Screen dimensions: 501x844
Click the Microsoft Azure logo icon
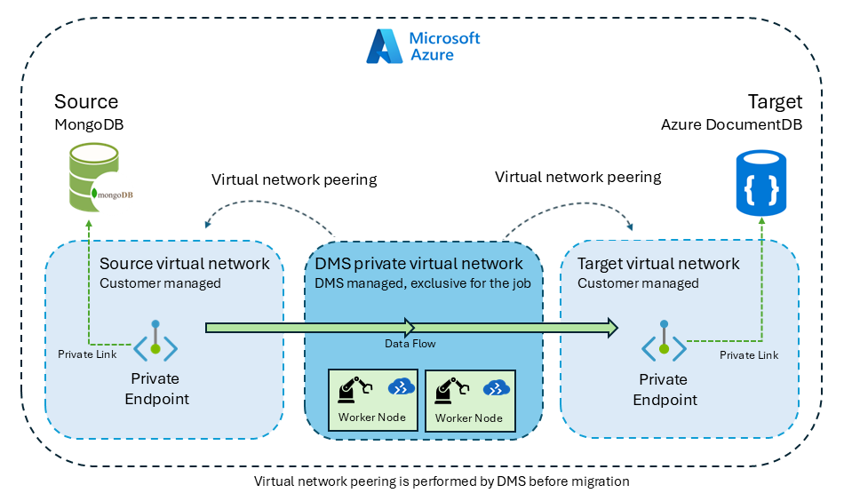pyautogui.click(x=386, y=46)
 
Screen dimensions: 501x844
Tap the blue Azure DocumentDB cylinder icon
pyautogui.click(x=761, y=182)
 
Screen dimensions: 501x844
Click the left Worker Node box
pyautogui.click(x=372, y=401)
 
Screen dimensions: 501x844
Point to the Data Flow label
pyautogui.click(x=410, y=344)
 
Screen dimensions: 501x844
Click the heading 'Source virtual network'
pyautogui.click(x=184, y=264)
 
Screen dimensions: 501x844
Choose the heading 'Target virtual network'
pyautogui.click(x=658, y=264)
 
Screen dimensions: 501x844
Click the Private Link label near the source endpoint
pyautogui.click(x=88, y=354)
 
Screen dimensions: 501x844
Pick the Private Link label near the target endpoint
pyautogui.click(x=749, y=355)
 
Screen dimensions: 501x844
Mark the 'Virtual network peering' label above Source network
pyautogui.click(x=294, y=180)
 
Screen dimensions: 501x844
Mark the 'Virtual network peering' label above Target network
pyautogui.click(x=577, y=177)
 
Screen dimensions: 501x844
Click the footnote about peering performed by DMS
pyautogui.click(x=442, y=481)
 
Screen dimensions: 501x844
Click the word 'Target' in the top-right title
pyautogui.click(x=775, y=101)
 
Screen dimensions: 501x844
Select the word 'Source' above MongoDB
pyautogui.click(x=86, y=101)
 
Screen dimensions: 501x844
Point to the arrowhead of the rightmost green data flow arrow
pyautogui.click(x=612, y=328)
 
